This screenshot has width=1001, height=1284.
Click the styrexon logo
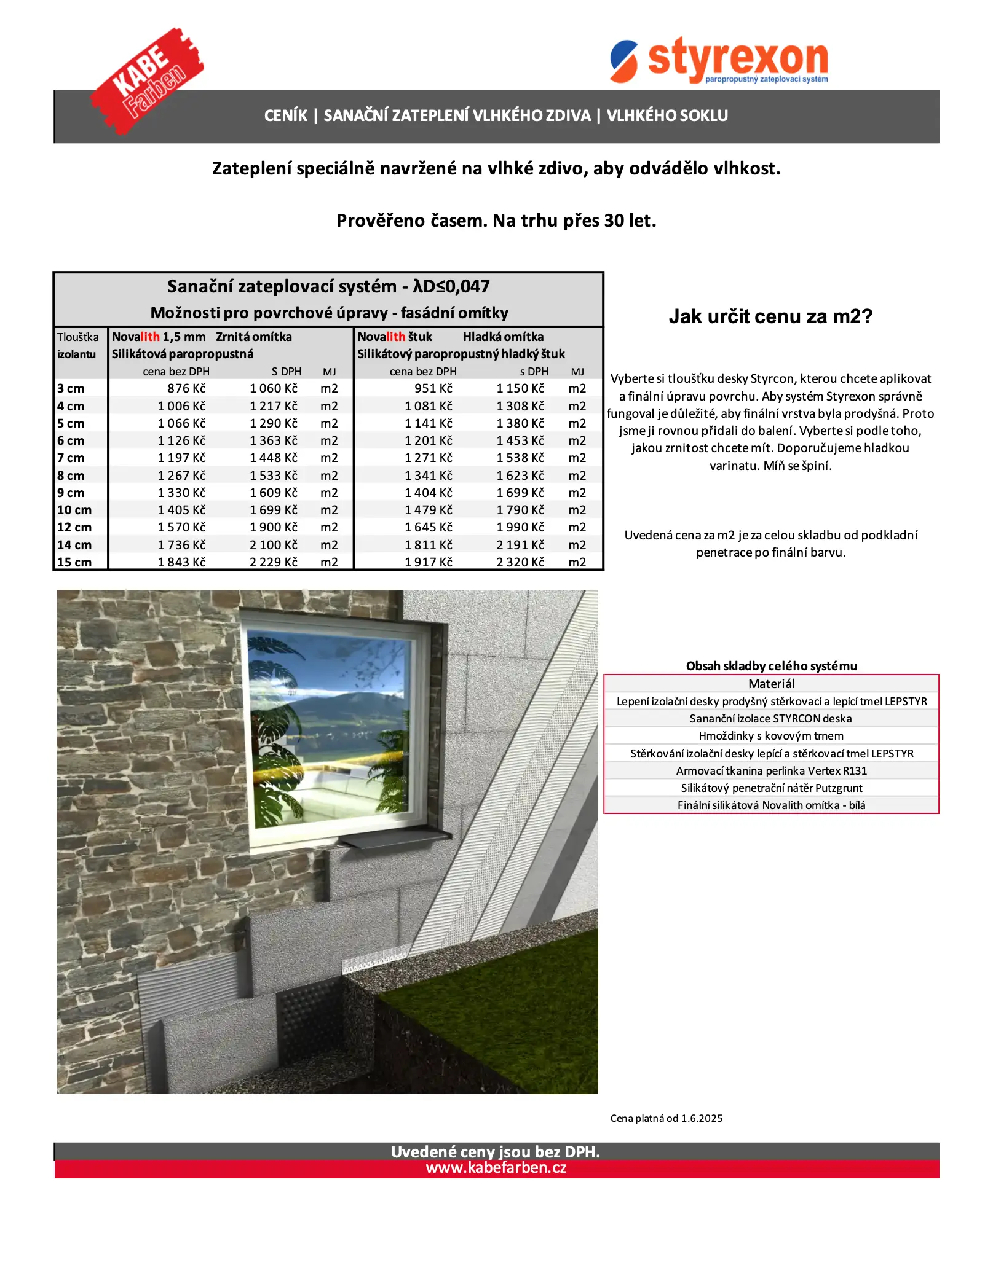(719, 60)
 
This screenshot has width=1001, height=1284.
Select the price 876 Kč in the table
(186, 388)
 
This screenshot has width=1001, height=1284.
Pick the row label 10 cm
(74, 510)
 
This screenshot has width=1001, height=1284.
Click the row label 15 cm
(74, 562)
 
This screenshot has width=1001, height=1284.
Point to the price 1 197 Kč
(181, 458)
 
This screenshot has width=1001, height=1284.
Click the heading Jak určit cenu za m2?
(770, 316)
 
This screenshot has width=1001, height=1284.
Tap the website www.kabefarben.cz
(496, 1168)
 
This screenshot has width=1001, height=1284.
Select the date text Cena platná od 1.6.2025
(667, 1118)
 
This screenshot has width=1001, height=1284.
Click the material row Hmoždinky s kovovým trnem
(771, 736)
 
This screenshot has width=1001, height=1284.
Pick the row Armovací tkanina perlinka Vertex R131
(771, 770)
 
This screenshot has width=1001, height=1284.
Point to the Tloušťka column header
(77, 337)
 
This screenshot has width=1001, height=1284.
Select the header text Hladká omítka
(503, 337)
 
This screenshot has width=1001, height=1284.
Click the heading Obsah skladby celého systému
(771, 666)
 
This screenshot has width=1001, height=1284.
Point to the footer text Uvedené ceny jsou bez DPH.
(496, 1152)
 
